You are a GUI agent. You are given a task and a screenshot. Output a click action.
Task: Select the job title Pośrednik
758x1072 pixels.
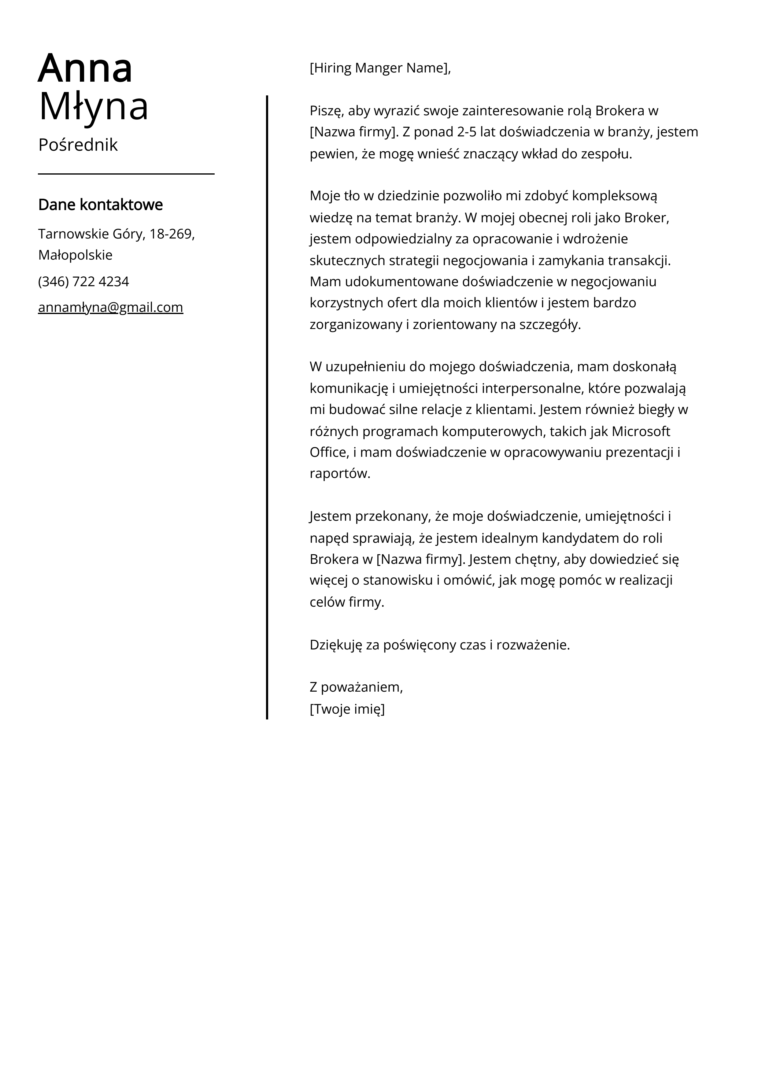[x=78, y=145]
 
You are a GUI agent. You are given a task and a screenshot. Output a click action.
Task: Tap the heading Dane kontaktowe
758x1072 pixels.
[x=100, y=205]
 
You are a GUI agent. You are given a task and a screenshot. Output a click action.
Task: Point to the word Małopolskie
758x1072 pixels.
[x=75, y=255]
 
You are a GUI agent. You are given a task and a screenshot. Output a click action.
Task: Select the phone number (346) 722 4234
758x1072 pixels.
[x=83, y=282]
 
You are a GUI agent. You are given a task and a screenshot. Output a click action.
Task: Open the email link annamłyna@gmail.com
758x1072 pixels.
[x=111, y=307]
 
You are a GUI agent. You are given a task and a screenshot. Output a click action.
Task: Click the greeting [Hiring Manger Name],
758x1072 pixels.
[x=380, y=68]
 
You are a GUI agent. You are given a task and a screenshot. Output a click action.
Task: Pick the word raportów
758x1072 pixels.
[x=339, y=474]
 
